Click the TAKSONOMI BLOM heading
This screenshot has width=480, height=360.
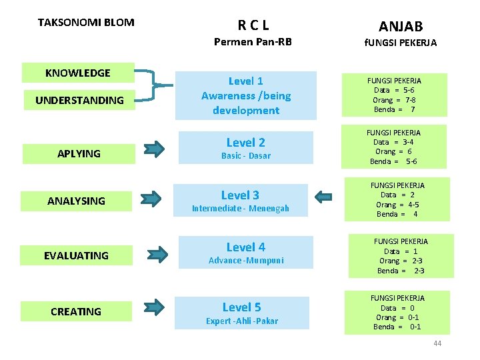86,23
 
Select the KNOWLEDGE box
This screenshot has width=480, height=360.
78,73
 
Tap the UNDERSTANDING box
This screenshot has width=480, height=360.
79,100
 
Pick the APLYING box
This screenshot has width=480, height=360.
79,153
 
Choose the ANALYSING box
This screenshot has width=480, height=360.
76,201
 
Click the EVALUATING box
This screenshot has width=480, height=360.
76,255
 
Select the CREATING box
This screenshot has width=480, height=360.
76,311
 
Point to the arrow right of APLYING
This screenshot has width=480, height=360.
153,148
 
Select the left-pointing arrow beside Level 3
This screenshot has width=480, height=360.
323,196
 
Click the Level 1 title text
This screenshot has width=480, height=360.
246,81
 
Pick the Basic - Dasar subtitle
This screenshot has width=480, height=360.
246,156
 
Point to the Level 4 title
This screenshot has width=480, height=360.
246,247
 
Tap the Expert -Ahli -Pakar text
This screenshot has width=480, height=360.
242,321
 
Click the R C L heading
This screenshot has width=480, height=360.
253,26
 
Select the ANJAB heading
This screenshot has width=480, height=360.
401,26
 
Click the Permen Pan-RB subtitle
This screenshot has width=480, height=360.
253,42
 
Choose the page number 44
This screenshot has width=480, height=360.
437,343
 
